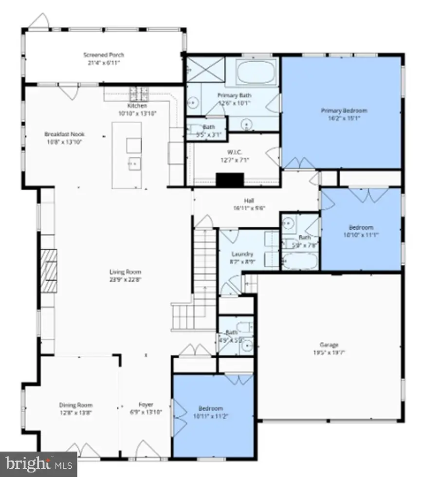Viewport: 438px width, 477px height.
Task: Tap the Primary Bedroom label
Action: click(x=344, y=110)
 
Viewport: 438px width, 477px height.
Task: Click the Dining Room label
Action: click(x=76, y=405)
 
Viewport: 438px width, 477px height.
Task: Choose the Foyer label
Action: click(x=146, y=405)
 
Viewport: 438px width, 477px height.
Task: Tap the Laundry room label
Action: click(x=242, y=254)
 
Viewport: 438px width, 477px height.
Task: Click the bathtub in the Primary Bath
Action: click(x=256, y=73)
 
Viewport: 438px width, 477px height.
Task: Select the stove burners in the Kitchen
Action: click(x=138, y=92)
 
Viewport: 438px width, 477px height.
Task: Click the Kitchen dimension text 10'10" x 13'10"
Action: click(x=137, y=113)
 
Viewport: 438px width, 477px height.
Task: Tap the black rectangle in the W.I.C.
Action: click(x=229, y=180)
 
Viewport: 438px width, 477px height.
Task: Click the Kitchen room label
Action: click(x=137, y=106)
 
